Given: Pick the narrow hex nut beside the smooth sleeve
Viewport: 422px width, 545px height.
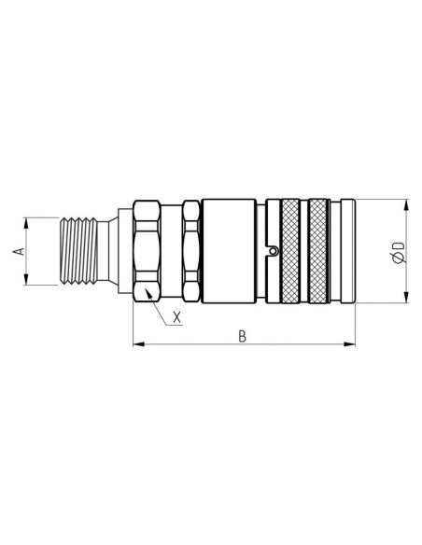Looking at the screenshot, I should [x=191, y=250].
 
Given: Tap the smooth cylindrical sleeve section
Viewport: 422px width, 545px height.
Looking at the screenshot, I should [x=232, y=250].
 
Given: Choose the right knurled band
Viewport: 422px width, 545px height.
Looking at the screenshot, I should [x=321, y=250].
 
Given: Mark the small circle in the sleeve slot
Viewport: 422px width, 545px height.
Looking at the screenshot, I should [x=272, y=250].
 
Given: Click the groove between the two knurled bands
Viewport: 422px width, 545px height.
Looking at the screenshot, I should [x=305, y=250].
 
